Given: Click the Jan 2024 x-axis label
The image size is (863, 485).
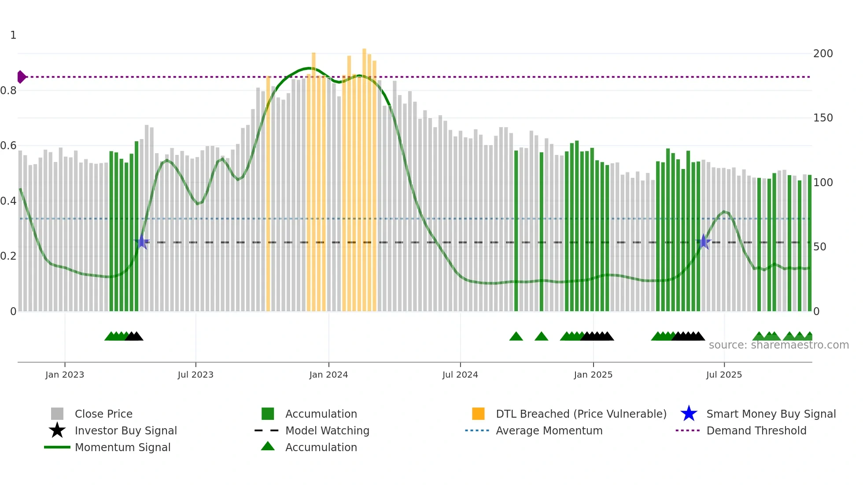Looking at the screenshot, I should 328,375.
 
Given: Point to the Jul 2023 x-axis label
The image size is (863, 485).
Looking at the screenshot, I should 195,375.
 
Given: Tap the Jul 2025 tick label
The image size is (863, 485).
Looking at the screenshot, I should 724,375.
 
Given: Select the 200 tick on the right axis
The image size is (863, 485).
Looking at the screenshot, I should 823,54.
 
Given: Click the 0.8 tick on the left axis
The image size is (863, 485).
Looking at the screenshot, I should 8,91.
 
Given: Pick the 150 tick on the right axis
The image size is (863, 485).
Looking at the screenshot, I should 823,118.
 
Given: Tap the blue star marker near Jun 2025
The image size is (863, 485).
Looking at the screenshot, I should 704,242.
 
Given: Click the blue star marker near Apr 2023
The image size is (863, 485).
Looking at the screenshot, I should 142,242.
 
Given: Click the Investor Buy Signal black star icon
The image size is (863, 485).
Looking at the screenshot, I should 57,430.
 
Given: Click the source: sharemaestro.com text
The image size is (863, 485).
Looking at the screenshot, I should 778,345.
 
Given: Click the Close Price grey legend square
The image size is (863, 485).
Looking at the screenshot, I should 57,414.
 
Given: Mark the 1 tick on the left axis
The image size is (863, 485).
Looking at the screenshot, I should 13,35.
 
